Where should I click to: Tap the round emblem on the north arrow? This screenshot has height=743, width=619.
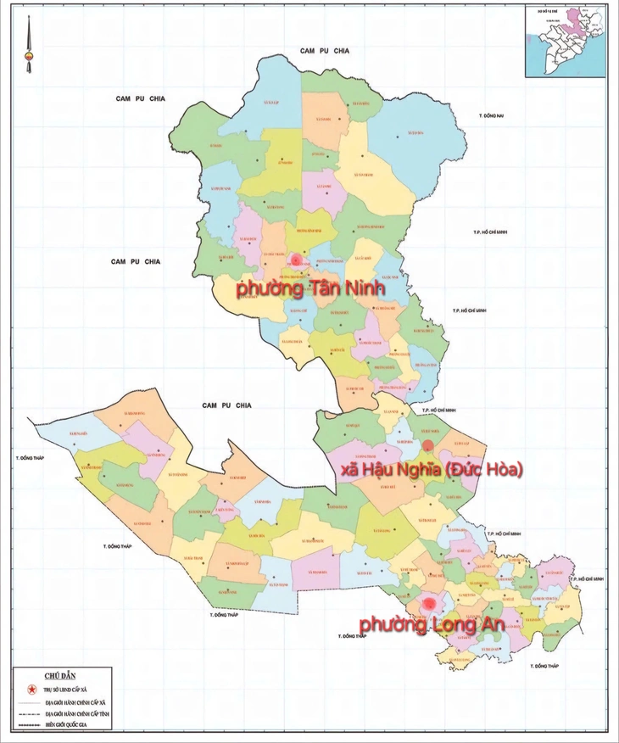pos(29,60)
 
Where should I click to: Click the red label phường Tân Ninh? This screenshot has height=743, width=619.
pos(310,289)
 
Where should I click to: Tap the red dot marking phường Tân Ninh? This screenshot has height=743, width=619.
pos(295,260)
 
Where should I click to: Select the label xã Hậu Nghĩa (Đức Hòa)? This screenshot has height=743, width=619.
pos(431,469)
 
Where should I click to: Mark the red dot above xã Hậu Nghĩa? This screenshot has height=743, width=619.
pos(428,445)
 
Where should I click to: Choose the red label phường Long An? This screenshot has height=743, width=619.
pos(432,624)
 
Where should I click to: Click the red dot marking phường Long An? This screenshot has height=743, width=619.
pos(430,603)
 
